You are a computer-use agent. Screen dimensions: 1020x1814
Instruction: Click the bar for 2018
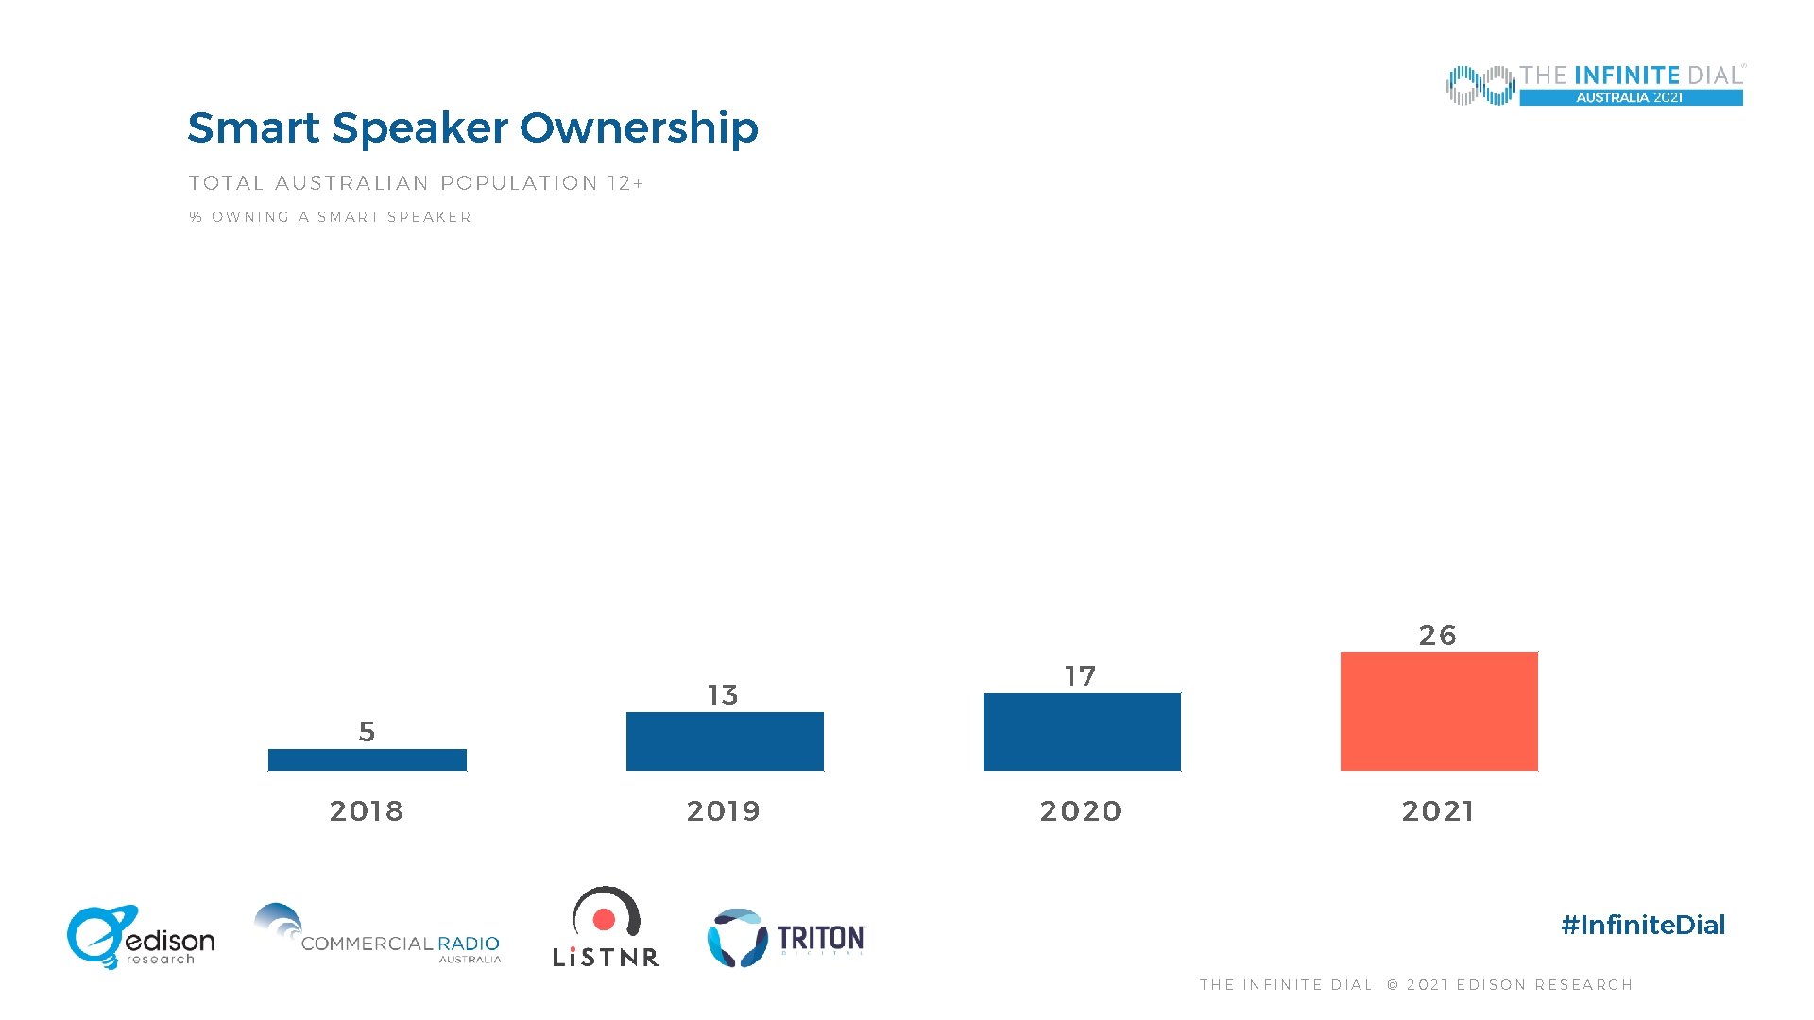[x=367, y=759]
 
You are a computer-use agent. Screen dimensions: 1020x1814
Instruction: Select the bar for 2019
[x=725, y=741]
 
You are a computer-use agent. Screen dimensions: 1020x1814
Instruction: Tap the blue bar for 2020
[x=1082, y=732]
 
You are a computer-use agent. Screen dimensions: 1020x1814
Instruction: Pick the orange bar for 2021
[x=1439, y=711]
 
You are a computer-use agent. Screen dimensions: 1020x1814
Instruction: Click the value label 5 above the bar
[x=367, y=731]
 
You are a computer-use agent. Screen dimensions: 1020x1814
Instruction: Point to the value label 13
[x=723, y=695]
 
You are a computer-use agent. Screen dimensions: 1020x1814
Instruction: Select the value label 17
[x=1080, y=676]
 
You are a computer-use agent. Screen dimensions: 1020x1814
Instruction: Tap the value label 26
[x=1437, y=636]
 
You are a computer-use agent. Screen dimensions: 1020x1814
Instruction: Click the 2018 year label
[x=367, y=810]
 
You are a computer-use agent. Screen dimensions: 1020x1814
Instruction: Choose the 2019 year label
[x=724, y=810]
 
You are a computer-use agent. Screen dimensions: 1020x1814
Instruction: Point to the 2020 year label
[x=1081, y=810]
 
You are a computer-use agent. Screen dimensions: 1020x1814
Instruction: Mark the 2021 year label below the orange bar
[x=1438, y=810]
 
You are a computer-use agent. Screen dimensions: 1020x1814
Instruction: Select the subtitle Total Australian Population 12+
[x=416, y=183]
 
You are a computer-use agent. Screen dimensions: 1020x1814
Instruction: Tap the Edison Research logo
[x=140, y=937]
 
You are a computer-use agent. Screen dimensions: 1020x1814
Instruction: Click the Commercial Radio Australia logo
[x=378, y=935]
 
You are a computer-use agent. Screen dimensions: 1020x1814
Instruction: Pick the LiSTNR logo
[x=606, y=928]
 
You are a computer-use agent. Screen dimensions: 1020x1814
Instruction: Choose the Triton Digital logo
[x=786, y=938]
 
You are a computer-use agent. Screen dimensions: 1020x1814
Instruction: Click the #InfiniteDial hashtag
[x=1643, y=925]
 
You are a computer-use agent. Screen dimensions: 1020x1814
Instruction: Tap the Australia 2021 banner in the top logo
[x=1630, y=97]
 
